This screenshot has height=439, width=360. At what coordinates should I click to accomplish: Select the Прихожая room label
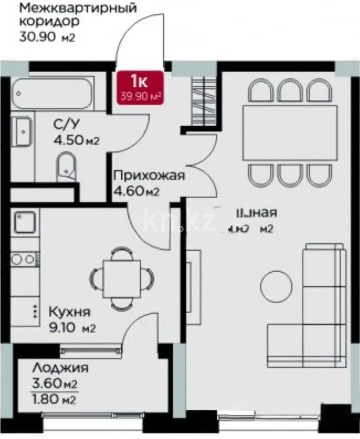coord(149,176)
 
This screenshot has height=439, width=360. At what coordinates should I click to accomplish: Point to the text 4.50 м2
coord(77,141)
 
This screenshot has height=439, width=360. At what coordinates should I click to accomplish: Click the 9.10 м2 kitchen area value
coord(71,328)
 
